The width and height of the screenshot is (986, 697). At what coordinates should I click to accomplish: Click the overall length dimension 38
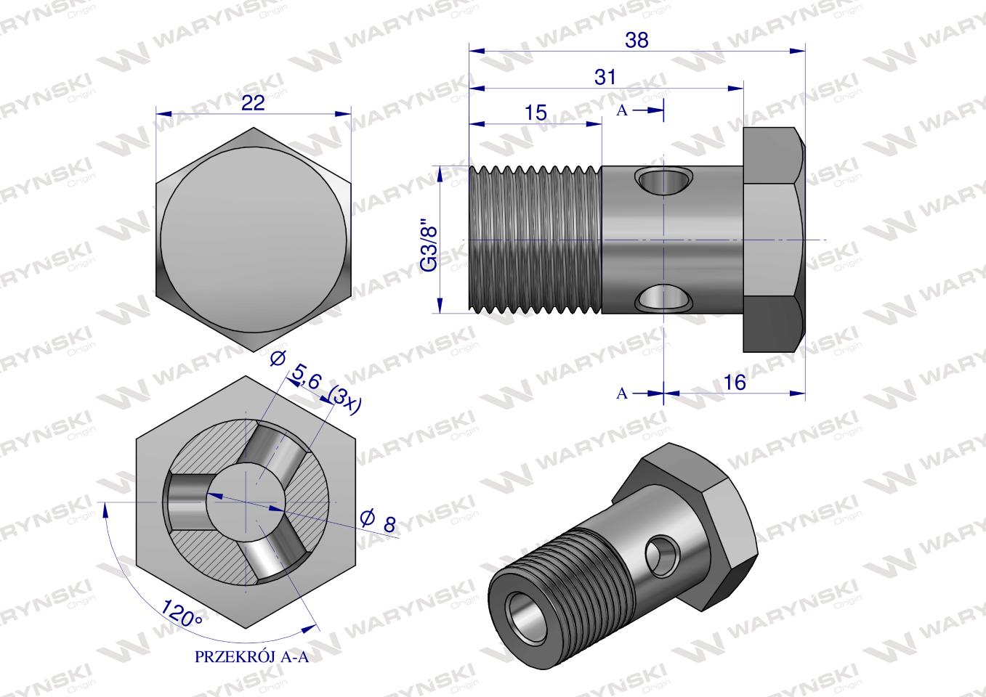coord(637,40)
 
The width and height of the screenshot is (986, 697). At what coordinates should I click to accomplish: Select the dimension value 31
coord(605,78)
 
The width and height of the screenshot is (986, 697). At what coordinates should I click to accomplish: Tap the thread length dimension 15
coord(536,113)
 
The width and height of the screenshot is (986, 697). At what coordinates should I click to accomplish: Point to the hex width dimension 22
coord(253,103)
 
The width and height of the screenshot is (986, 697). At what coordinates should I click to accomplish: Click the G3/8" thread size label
coord(427,244)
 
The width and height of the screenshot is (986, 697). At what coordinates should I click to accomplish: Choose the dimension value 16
coord(734,383)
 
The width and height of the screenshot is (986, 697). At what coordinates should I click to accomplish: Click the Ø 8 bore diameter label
coord(378,521)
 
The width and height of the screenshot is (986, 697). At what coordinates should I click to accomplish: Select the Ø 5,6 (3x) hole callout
coord(315,382)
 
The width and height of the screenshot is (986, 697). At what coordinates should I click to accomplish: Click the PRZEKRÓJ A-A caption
coord(251,657)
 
